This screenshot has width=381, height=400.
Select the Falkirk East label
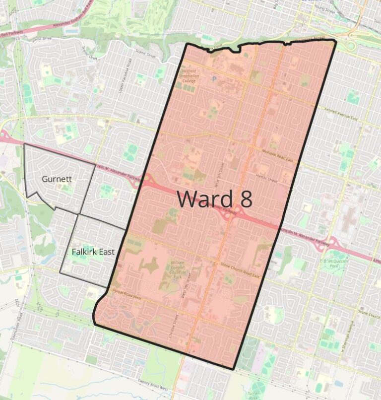coord(93,252)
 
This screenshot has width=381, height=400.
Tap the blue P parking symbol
coord(215,79)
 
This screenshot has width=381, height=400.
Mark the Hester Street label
coord(266,176)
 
